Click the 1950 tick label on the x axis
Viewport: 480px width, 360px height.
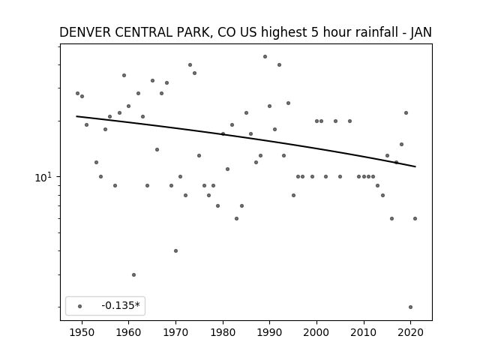point(82,332)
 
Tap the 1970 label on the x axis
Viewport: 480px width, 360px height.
point(175,332)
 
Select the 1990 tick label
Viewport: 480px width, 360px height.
point(270,332)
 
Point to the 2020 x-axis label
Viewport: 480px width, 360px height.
point(410,332)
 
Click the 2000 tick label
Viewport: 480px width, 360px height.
point(316,332)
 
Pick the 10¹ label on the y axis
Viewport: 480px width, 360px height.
point(44,177)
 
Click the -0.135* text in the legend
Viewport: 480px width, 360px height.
point(121,305)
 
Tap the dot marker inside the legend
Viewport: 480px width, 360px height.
point(80,306)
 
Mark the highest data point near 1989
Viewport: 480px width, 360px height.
point(265,57)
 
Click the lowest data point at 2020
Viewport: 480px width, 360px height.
point(410,307)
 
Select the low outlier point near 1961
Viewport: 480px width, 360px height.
point(133,275)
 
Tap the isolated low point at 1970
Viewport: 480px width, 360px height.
point(175,250)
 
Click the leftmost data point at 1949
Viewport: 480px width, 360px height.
point(77,93)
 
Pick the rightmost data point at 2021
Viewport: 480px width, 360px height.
point(415,218)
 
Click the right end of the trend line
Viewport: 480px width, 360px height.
point(415,166)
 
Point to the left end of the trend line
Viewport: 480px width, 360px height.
point(76,116)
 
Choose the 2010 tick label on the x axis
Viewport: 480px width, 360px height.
point(364,332)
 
